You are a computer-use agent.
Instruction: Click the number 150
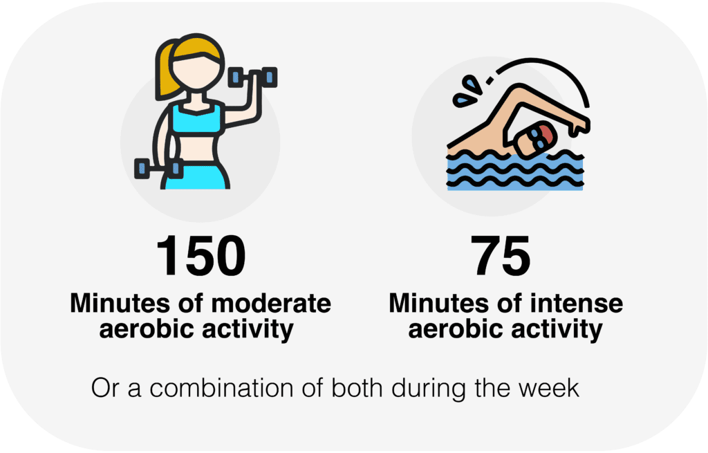click(x=201, y=256)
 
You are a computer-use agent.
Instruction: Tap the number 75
click(x=501, y=256)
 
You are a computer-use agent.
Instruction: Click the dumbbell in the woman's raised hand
click(x=253, y=77)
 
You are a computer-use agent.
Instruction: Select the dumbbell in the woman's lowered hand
click(x=158, y=169)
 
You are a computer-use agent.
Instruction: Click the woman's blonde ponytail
click(x=165, y=70)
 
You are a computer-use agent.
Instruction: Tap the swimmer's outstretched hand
click(x=579, y=126)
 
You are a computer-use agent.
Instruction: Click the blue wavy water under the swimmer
click(x=514, y=172)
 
